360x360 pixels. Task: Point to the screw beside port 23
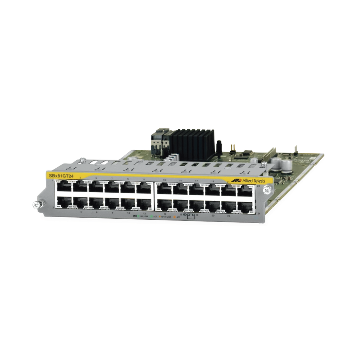pyautogui.click(x=267, y=190)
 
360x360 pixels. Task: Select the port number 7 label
pyautogui.click(x=112, y=179)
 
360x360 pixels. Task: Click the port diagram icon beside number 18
pyautogui.click(x=191, y=216)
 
